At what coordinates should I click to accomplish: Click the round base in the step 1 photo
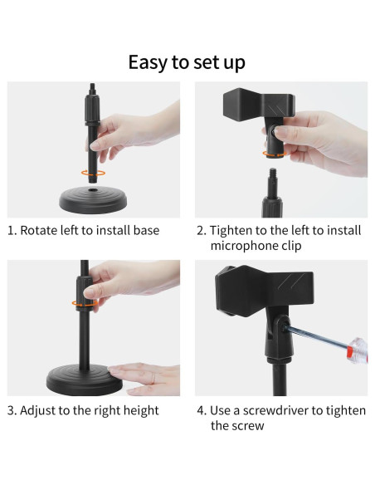(x=93, y=199)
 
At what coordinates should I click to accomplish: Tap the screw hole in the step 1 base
(x=92, y=189)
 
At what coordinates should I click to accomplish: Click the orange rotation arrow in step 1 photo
(x=93, y=174)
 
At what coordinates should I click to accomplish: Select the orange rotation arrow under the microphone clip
(x=275, y=154)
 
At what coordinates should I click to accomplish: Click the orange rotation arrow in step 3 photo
(x=84, y=303)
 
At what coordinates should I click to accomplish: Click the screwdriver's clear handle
(x=358, y=350)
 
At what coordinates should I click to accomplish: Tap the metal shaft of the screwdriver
(x=318, y=336)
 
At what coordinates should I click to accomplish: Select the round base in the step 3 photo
(x=85, y=380)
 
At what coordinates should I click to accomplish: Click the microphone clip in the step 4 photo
(x=264, y=291)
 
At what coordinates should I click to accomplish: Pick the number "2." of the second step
(x=202, y=231)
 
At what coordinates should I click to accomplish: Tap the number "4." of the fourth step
(x=202, y=411)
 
